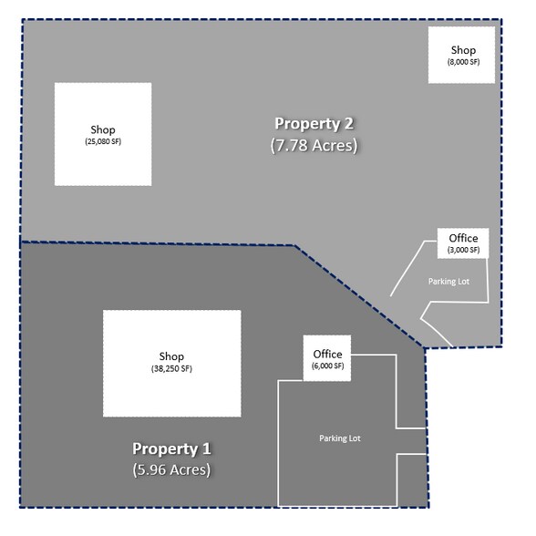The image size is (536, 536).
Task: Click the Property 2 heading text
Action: pyautogui.click(x=314, y=123)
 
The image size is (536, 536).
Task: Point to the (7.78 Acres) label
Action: pyautogui.click(x=314, y=145)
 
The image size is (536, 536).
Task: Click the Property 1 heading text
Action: pyautogui.click(x=171, y=448)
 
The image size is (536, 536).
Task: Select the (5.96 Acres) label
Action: pyautogui.click(x=171, y=470)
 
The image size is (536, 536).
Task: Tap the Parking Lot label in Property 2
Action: pyautogui.click(x=448, y=282)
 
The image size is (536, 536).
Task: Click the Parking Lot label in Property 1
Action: pyautogui.click(x=340, y=438)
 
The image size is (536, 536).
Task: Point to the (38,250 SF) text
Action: pyautogui.click(x=171, y=369)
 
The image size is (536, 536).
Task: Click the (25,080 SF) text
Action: pyautogui.click(x=103, y=142)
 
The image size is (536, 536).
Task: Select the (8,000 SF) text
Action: pyautogui.click(x=463, y=62)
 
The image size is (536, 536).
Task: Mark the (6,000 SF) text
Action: pyautogui.click(x=327, y=366)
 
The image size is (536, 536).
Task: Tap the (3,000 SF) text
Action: pyautogui.click(x=463, y=250)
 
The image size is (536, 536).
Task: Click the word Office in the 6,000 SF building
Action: pyautogui.click(x=327, y=354)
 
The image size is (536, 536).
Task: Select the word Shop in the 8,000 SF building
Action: pyautogui.click(x=463, y=49)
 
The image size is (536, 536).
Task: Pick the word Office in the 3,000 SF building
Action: pyautogui.click(x=463, y=239)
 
